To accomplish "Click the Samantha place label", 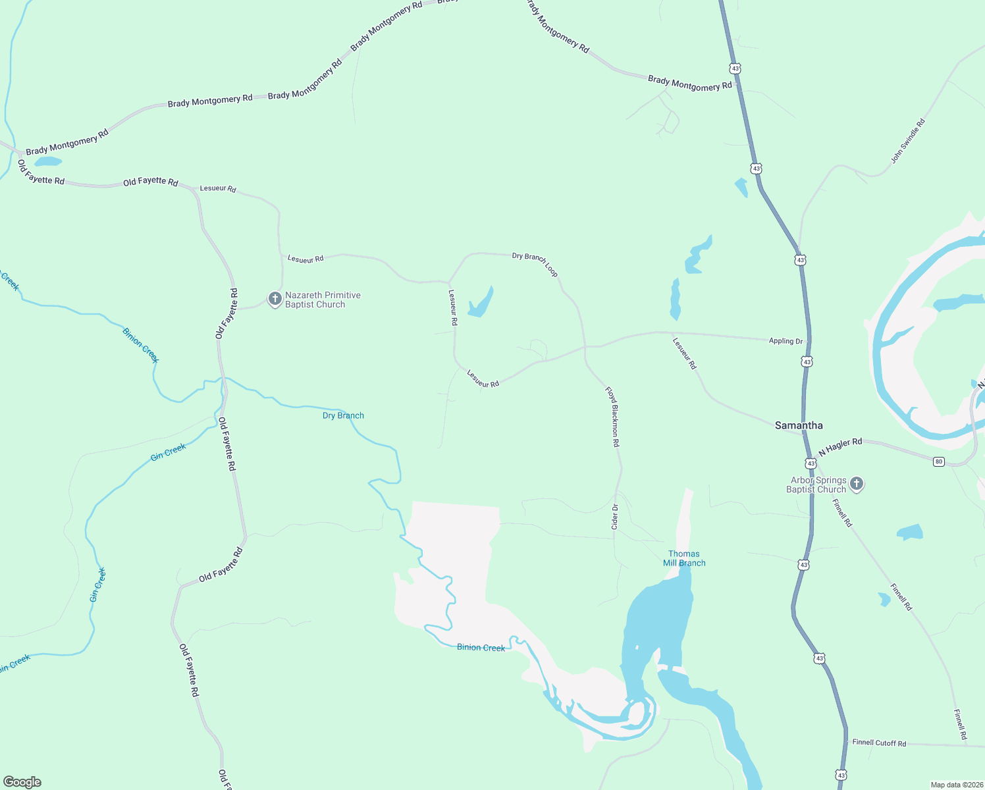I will pyautogui.click(x=799, y=425).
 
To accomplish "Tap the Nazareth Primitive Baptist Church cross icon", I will pyautogui.click(x=275, y=299).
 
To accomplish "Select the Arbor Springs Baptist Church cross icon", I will pyautogui.click(x=857, y=485).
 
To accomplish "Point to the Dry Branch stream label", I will pyautogui.click(x=343, y=415).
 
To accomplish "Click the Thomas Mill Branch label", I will pyautogui.click(x=684, y=558).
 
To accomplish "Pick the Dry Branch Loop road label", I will pyautogui.click(x=535, y=264).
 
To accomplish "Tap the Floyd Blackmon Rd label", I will pyautogui.click(x=613, y=417).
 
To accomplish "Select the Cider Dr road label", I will pyautogui.click(x=615, y=517).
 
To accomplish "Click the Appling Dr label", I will pyautogui.click(x=786, y=341).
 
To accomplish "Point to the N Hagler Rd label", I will pyautogui.click(x=840, y=447).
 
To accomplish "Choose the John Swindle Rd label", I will pyautogui.click(x=908, y=141).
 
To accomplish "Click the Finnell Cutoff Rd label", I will pyautogui.click(x=879, y=743).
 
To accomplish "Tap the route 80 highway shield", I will pyautogui.click(x=938, y=461).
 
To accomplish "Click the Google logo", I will pyautogui.click(x=22, y=782).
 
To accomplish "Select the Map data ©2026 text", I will pyautogui.click(x=956, y=785).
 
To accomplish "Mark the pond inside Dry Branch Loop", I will pyautogui.click(x=481, y=304).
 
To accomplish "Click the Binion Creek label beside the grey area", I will pyautogui.click(x=481, y=648).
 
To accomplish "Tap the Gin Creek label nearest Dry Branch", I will pyautogui.click(x=169, y=452).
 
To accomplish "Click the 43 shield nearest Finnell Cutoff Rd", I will pyautogui.click(x=841, y=775).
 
